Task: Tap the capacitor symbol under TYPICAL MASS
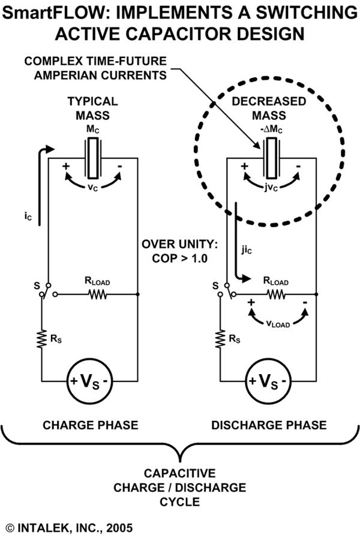tap(93, 159)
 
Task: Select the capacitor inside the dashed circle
tap(271, 159)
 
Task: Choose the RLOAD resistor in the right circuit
tap(275, 294)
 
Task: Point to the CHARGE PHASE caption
tap(91, 425)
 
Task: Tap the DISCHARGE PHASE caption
tap(269, 425)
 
